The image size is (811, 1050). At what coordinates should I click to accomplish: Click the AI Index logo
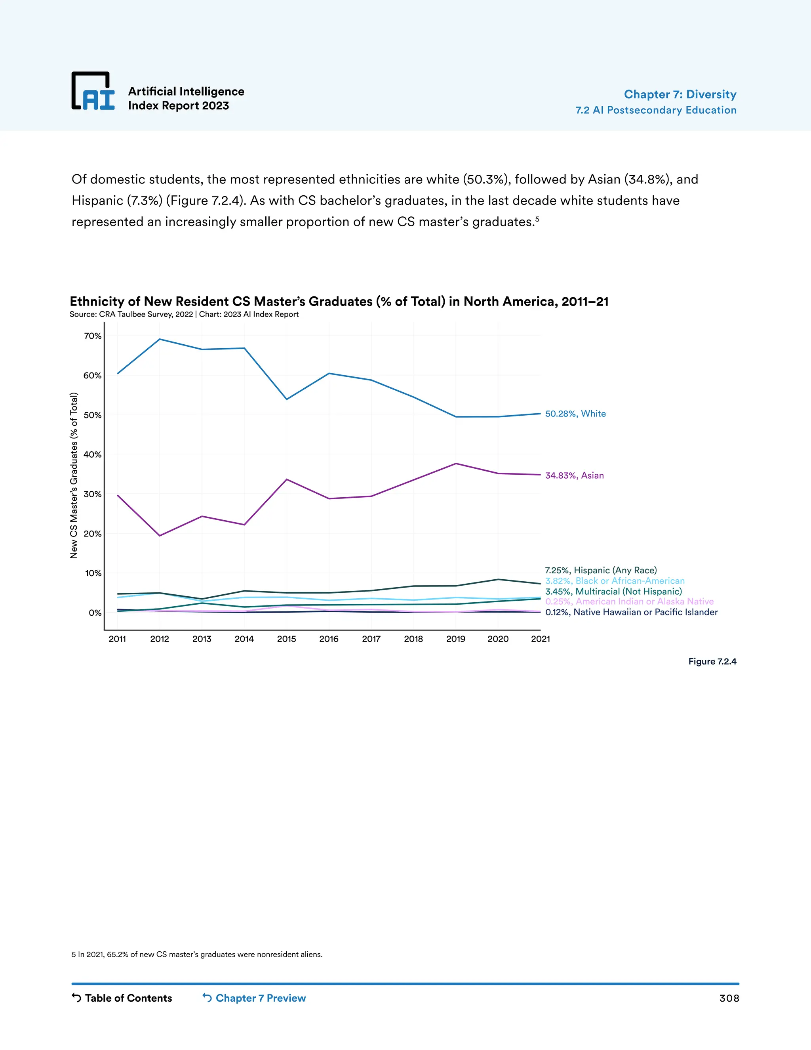(x=93, y=92)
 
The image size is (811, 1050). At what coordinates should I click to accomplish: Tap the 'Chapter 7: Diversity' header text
(x=680, y=94)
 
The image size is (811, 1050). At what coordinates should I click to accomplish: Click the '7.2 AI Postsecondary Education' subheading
(x=656, y=110)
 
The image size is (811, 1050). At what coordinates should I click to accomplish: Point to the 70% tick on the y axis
(x=93, y=336)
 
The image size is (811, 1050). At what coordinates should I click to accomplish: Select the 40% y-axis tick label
(x=93, y=455)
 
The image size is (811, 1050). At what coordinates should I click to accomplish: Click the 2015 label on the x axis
(x=286, y=639)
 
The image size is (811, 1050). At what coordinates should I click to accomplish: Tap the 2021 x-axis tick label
(x=540, y=639)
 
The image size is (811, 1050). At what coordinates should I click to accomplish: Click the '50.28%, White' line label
(x=575, y=414)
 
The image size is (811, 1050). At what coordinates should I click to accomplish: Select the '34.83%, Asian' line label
(x=574, y=475)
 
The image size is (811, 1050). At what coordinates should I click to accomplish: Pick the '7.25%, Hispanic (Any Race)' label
(x=601, y=571)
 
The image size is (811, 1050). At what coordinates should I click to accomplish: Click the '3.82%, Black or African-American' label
(x=615, y=581)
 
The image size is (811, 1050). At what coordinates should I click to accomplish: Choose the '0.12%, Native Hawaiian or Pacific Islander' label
(x=631, y=612)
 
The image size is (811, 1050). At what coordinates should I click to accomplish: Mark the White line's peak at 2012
(x=160, y=340)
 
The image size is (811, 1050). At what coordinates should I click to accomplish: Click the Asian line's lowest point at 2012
(x=160, y=536)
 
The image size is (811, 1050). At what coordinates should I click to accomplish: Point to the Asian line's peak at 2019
(x=455, y=464)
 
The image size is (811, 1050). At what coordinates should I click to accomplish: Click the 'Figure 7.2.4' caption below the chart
(x=712, y=662)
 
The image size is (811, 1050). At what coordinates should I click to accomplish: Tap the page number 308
(x=729, y=998)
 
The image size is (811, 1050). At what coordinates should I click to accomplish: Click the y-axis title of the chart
(x=74, y=475)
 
